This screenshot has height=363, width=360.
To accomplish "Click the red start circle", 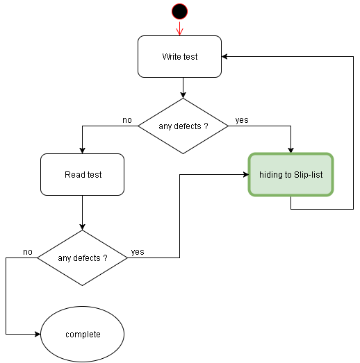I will (179, 10).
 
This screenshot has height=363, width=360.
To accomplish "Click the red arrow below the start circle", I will (179, 28).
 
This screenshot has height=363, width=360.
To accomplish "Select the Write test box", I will (179, 56).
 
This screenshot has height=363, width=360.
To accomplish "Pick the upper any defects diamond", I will (183, 126).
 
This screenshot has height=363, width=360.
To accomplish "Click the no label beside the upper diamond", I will (127, 120).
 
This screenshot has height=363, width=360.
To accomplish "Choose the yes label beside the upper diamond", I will (242, 120).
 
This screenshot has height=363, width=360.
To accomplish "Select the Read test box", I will (82, 174).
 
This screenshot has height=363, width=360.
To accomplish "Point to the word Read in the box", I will (74, 175).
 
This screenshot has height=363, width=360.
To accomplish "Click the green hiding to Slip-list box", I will (291, 174).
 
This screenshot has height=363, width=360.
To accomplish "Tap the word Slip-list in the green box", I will (309, 175).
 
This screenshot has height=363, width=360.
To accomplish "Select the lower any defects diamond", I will (82, 258).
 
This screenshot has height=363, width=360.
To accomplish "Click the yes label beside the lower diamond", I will (138, 252).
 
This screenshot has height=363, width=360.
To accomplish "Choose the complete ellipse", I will (82, 334).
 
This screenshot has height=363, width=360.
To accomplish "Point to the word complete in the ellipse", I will (83, 335).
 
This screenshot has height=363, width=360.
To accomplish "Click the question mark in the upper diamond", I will (206, 126).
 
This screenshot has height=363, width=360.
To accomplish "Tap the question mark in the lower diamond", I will (105, 258).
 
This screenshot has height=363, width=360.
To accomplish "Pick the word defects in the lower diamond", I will (88, 258).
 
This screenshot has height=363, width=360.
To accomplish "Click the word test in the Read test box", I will (94, 175).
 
